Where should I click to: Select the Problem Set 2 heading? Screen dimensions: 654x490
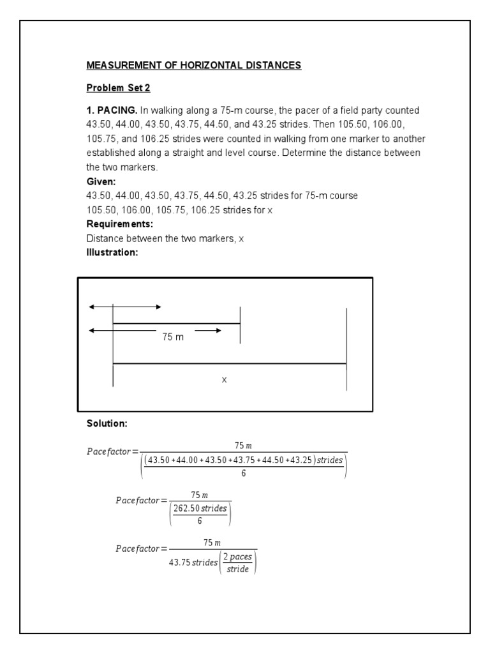pyautogui.click(x=118, y=87)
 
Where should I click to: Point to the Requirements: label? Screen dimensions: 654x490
pyautogui.click(x=119, y=224)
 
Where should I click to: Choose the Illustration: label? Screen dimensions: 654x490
pyautogui.click(x=112, y=252)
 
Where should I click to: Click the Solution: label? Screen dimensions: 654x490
pyautogui.click(x=107, y=424)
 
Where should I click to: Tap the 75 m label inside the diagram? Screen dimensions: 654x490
pyautogui.click(x=172, y=337)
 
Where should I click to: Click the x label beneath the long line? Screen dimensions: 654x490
pyautogui.click(x=224, y=379)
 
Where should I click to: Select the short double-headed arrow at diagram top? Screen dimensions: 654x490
pyautogui.click(x=125, y=307)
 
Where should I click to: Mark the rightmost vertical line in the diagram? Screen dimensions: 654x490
pyautogui.click(x=346, y=349)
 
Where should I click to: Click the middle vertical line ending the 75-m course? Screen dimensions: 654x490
pyautogui.click(x=240, y=325)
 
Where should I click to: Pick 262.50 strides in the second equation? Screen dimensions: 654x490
pyautogui.click(x=200, y=509)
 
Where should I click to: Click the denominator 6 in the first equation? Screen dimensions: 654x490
pyautogui.click(x=243, y=473)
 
